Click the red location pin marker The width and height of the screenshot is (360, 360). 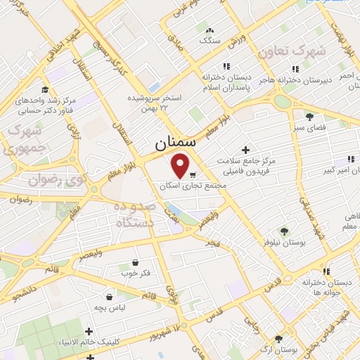(x=181, y=166)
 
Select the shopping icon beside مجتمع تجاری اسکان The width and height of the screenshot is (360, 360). (x=193, y=173)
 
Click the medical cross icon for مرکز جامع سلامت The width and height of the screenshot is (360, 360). (x=245, y=150)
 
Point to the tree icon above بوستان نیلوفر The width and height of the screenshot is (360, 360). (x=284, y=231)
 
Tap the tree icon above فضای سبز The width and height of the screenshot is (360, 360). (x=309, y=116)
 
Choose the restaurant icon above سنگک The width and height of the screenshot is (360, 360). (x=210, y=30)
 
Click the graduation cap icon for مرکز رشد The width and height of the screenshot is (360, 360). (x=46, y=89)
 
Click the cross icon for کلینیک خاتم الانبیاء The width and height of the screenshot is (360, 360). (x=88, y=331)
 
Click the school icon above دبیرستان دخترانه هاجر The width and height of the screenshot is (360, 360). (x=295, y=69)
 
